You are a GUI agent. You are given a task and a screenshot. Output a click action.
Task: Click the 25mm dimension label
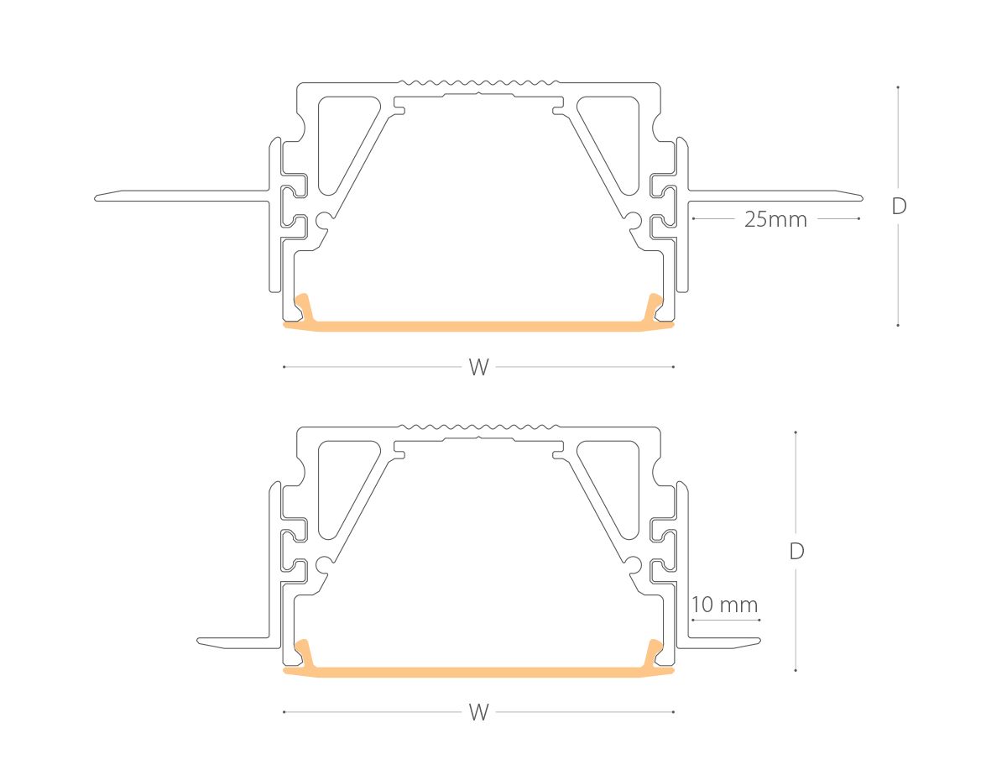(775, 219)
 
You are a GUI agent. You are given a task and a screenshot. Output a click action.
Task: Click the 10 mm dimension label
(724, 605)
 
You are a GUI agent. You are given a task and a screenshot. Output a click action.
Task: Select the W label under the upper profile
(478, 367)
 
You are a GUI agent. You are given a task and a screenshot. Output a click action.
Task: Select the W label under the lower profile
(478, 712)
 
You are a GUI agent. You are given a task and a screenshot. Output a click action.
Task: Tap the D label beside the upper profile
(899, 206)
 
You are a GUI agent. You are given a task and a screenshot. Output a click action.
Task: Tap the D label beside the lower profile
(796, 551)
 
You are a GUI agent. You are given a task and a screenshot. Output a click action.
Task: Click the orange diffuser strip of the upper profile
(478, 327)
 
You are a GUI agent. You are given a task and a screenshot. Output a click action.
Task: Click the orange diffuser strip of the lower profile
(478, 672)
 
